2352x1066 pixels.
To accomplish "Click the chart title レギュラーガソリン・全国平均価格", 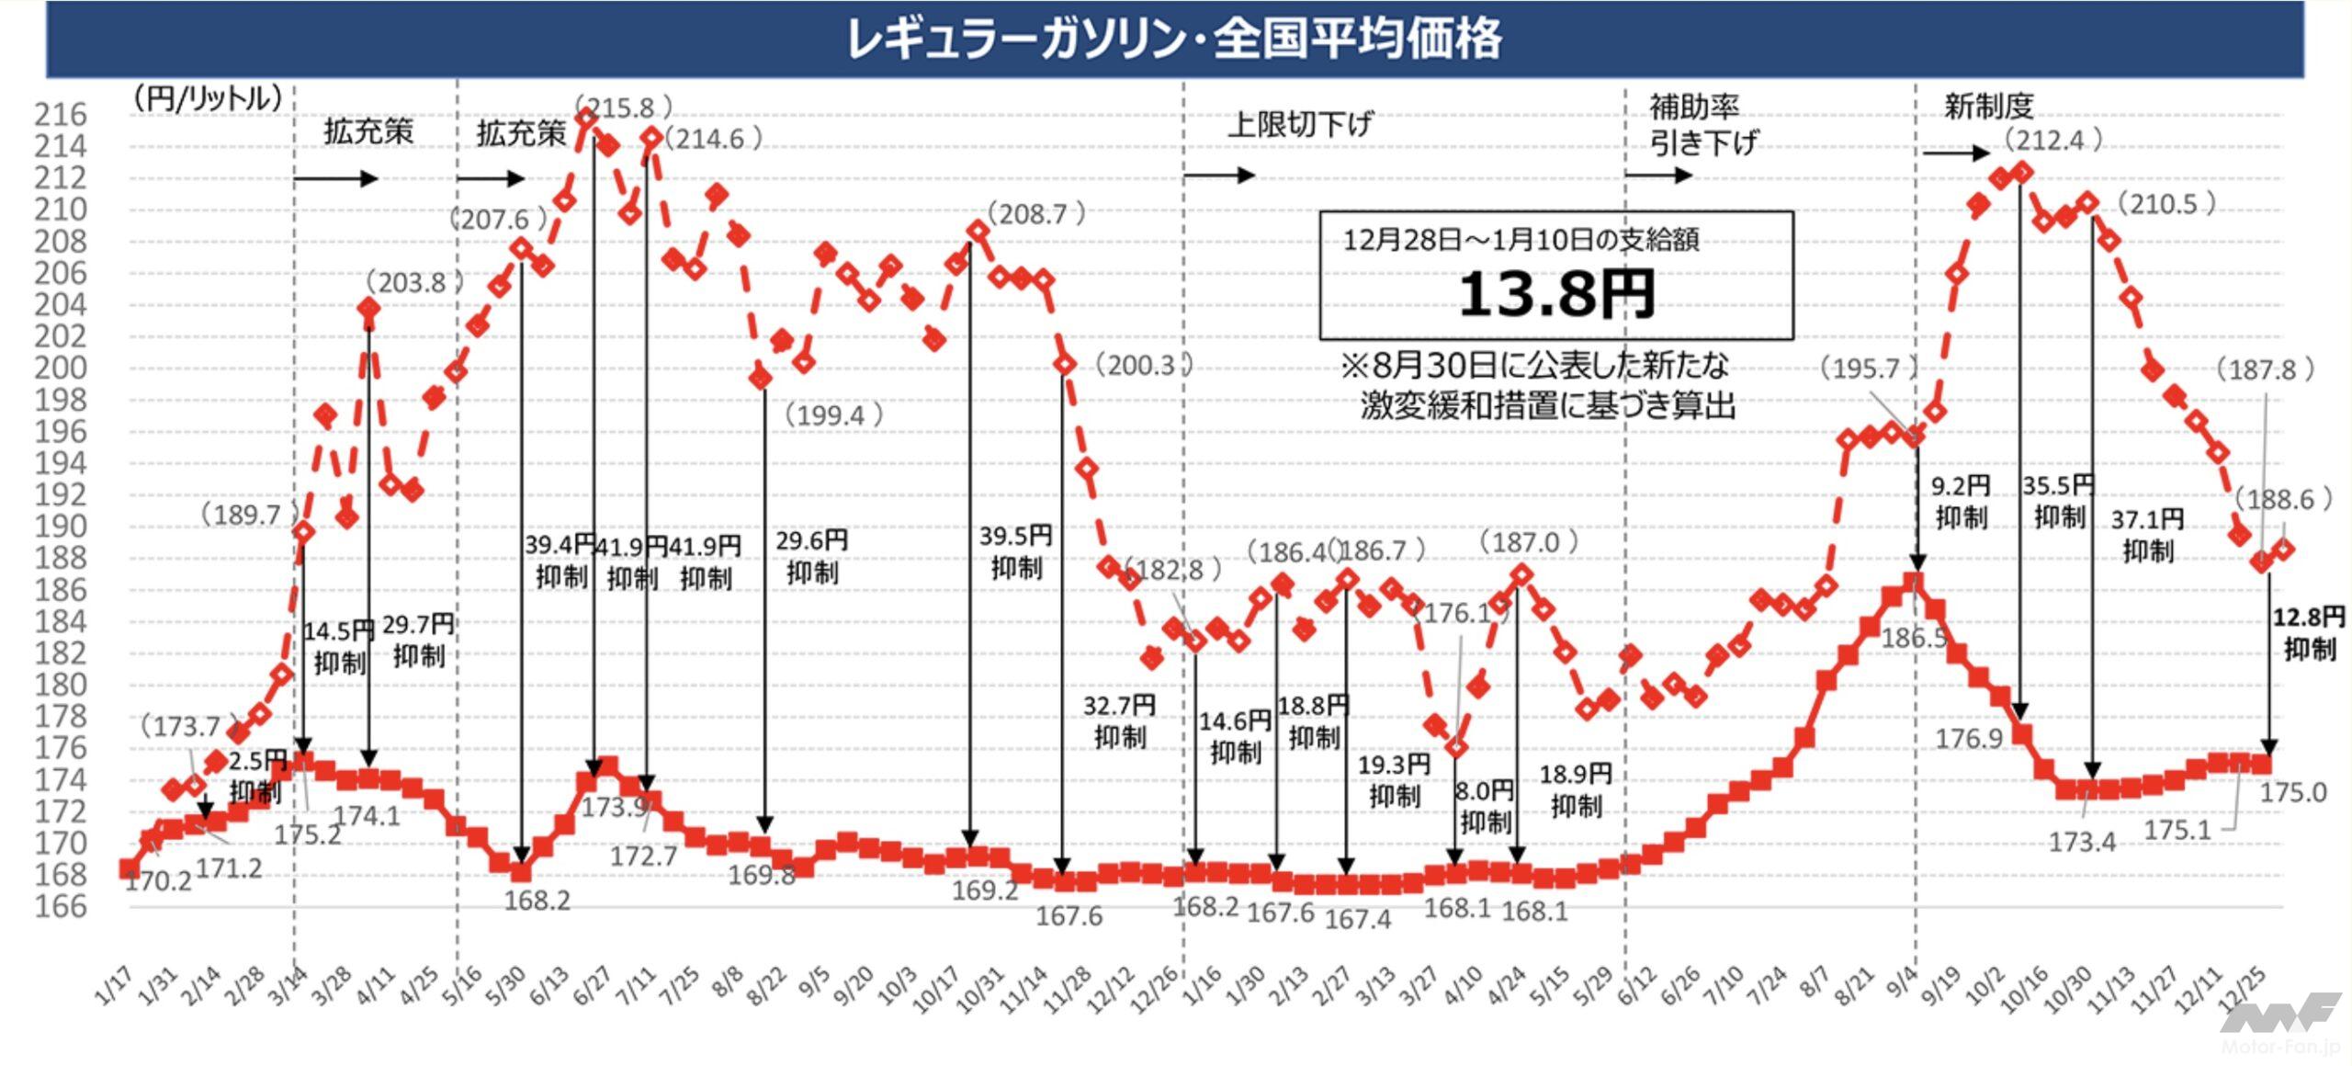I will click(x=1174, y=40).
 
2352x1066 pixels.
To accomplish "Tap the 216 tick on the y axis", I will click(x=61, y=115).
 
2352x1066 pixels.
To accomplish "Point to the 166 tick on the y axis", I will click(x=61, y=907).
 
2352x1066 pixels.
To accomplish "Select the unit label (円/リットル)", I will click(x=208, y=98).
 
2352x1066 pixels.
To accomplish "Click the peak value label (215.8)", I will click(x=625, y=108).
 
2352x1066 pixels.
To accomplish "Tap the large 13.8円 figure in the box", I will click(x=1556, y=295).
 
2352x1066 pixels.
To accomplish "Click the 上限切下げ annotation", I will click(x=1300, y=124).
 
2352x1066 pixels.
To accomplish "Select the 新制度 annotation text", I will click(x=1988, y=107).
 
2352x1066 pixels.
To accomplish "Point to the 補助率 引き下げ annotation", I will click(x=1702, y=125).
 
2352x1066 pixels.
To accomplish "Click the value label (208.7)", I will click(x=1036, y=214).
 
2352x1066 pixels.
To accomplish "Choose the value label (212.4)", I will click(x=2053, y=140).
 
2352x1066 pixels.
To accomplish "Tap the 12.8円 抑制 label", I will click(x=2309, y=633).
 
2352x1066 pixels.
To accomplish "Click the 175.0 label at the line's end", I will click(x=2293, y=792).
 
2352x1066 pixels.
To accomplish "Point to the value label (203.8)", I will click(x=414, y=282).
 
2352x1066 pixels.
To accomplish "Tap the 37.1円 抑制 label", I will click(x=2147, y=535).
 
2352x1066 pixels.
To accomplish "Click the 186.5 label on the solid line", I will click(x=1913, y=638).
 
